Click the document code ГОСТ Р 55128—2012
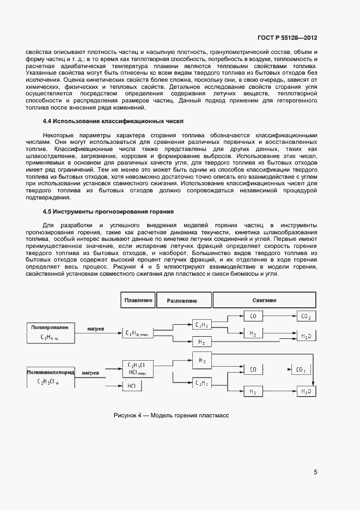pyautogui.click(x=287, y=38)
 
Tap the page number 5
pyautogui.click(x=315, y=472)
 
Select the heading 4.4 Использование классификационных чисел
pyautogui.click(x=114, y=120)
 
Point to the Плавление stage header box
pyautogui.click(x=138, y=300)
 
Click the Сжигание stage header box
pyautogui.click(x=264, y=300)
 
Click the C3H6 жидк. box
pyautogui.click(x=137, y=332)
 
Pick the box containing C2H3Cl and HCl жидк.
pyautogui.click(x=137, y=368)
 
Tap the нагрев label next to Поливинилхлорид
pyautogui.click(x=90, y=373)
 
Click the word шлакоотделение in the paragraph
pyautogui.click(x=49, y=155)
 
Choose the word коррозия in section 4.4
pyautogui.click(x=130, y=155)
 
